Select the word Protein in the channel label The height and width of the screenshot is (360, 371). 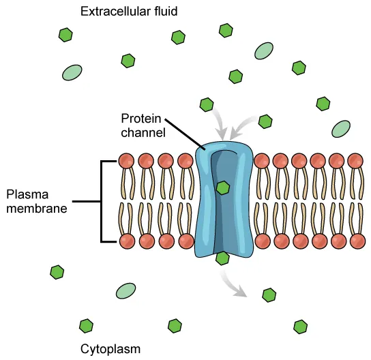click(139, 119)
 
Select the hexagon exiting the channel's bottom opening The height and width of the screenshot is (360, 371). click(222, 258)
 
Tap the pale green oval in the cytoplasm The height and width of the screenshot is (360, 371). click(125, 291)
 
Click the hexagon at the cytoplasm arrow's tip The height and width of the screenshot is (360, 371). click(269, 295)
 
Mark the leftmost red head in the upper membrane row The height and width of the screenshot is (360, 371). click(126, 161)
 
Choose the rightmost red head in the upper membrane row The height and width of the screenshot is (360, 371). click(355, 161)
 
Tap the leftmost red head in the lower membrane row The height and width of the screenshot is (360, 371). click(126, 241)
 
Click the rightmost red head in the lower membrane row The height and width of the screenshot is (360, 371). click(355, 241)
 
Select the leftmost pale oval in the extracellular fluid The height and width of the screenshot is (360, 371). click(71, 72)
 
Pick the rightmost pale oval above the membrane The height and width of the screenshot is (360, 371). click(341, 128)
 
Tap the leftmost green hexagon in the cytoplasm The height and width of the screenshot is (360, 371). click(57, 273)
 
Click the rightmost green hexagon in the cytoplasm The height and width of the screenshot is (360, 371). click(301, 327)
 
